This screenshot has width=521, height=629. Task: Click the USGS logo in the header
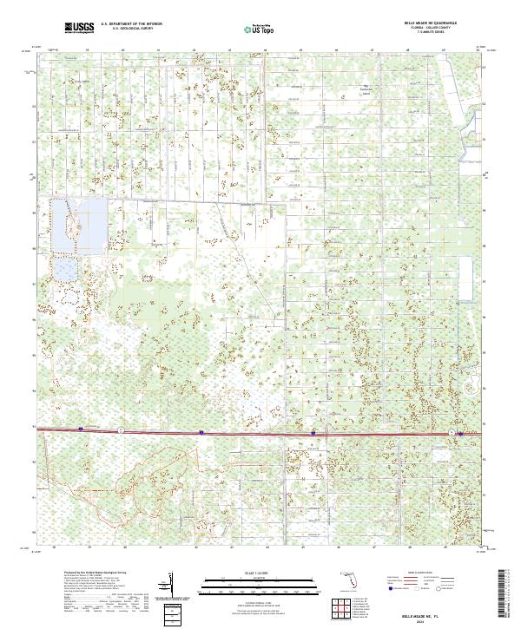(x=79, y=28)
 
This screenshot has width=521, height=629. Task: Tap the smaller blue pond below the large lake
(x=66, y=270)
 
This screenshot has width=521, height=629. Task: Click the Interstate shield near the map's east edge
(x=451, y=432)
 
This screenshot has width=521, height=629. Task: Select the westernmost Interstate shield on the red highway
(x=81, y=428)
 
